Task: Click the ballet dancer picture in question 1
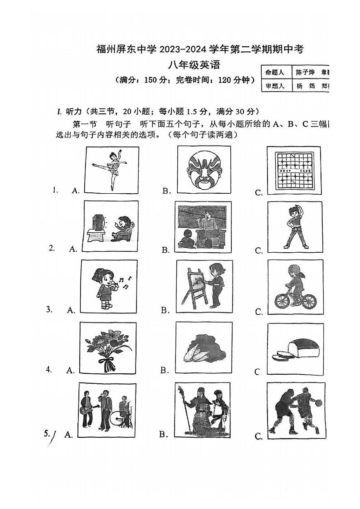pos(112,170)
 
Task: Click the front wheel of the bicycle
pos(307,301)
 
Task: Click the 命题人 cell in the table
pos(275,72)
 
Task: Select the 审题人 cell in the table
pos(275,85)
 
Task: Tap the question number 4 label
pos(49,369)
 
